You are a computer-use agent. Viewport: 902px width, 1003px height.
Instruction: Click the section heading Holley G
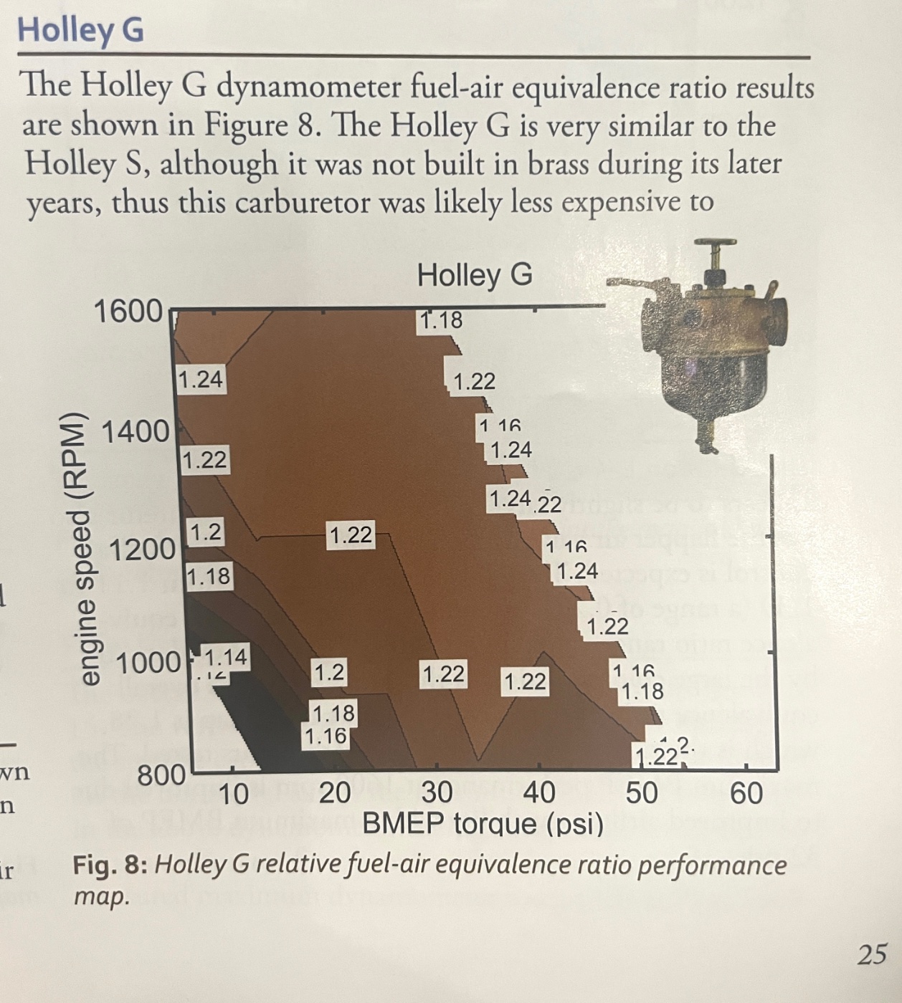[80, 31]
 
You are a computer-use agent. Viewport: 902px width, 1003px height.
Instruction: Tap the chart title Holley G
[475, 275]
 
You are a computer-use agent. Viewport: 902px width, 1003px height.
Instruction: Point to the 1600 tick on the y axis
[128, 311]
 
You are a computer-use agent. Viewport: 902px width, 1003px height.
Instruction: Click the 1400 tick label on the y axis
[136, 432]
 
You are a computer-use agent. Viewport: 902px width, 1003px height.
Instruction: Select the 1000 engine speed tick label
[148, 663]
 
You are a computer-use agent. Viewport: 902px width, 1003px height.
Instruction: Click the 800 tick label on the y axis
[162, 774]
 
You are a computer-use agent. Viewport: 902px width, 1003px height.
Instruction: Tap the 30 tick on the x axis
[437, 793]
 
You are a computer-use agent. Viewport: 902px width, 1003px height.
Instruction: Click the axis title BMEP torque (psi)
[483, 824]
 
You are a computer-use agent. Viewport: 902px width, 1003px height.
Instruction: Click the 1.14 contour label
[225, 657]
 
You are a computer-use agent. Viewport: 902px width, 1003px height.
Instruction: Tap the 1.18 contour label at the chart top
[441, 320]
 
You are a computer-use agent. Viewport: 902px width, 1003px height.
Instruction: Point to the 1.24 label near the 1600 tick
[200, 379]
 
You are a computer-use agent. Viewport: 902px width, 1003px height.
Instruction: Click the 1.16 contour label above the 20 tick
[326, 736]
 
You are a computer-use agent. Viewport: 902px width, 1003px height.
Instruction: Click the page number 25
[872, 954]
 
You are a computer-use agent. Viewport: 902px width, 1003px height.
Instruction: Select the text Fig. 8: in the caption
[110, 865]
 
